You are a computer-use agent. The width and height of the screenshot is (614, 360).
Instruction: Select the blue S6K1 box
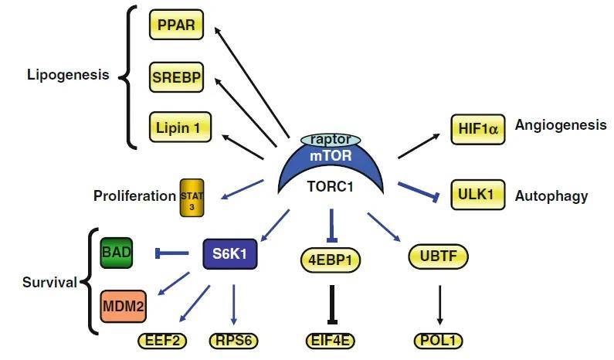(230, 253)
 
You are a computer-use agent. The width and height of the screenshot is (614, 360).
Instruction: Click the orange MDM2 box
(122, 304)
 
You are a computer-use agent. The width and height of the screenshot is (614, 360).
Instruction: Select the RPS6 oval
(232, 341)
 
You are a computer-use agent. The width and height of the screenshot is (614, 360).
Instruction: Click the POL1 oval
(439, 341)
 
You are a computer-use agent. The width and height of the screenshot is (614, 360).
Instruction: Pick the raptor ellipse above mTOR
(331, 139)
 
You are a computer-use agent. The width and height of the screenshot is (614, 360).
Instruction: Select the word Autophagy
(551, 196)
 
